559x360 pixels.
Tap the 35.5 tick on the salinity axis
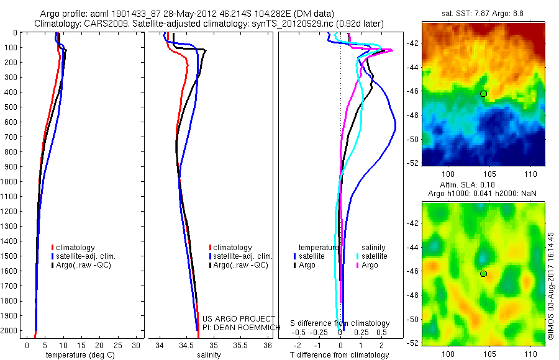coord(242,345)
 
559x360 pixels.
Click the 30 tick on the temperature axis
coord(136,345)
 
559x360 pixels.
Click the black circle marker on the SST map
coord(483,94)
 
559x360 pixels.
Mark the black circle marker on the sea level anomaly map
coord(483,274)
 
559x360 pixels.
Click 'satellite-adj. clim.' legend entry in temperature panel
coord(86,256)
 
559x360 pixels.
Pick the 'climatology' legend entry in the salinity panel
coord(232,248)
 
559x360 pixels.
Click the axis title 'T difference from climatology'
coord(340,355)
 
